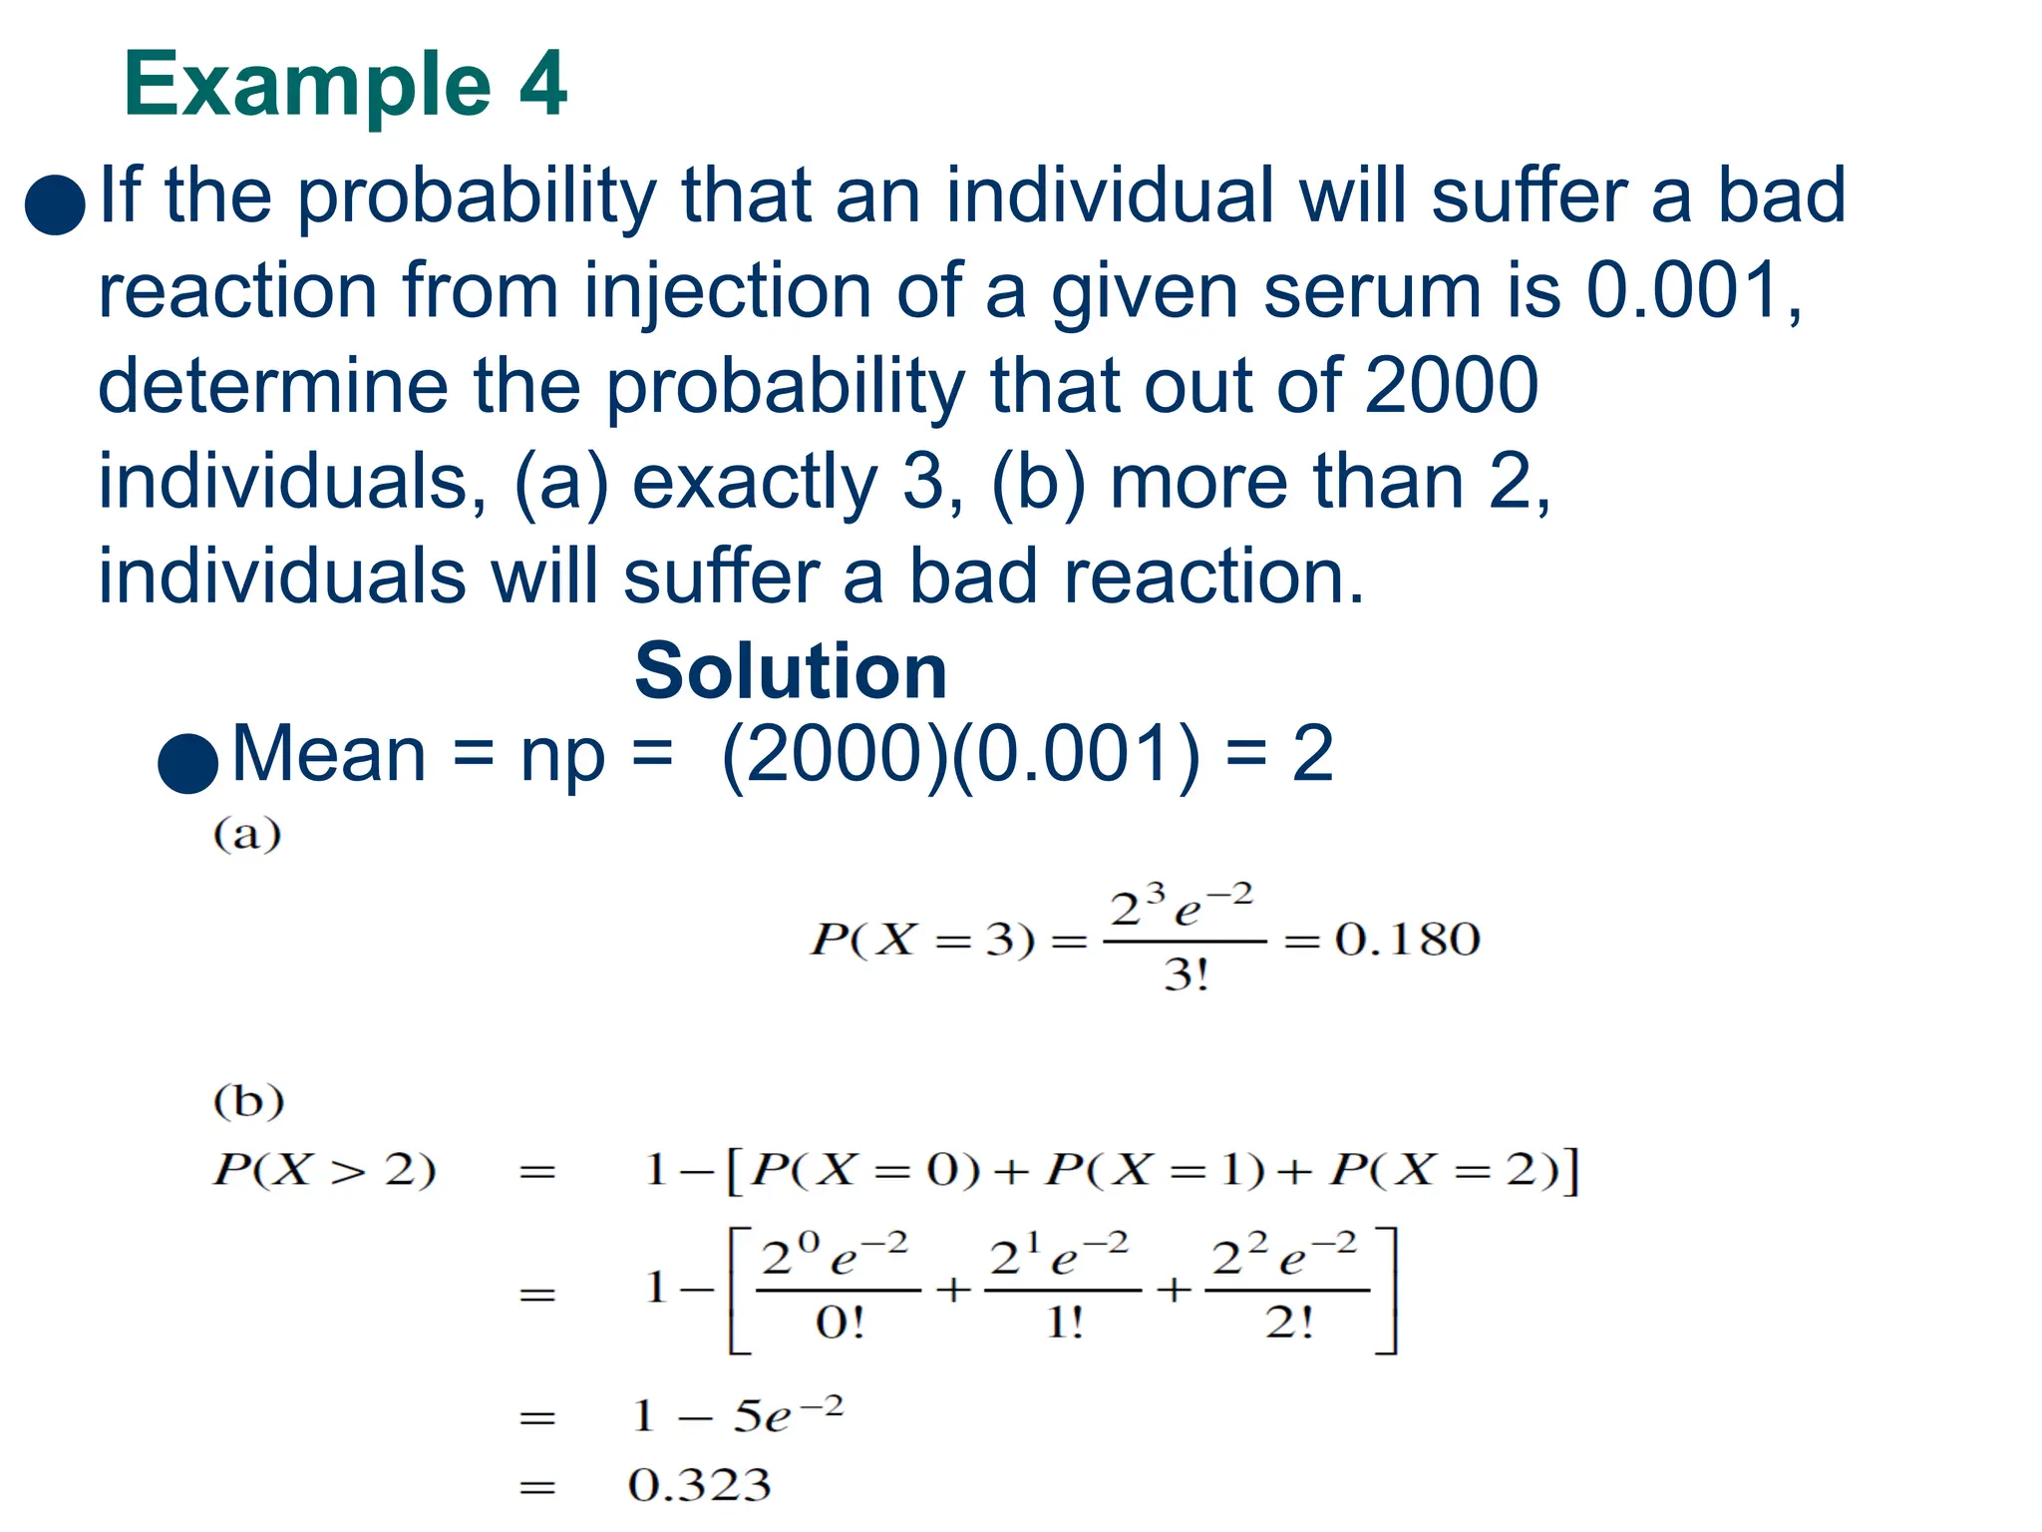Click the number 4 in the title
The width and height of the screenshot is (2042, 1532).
click(x=542, y=85)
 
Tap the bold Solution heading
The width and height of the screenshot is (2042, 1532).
click(x=791, y=671)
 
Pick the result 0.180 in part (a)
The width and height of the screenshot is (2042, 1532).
click(x=1407, y=940)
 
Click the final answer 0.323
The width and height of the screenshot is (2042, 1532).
click(x=700, y=1485)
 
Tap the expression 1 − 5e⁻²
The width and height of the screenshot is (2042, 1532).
click(x=738, y=1415)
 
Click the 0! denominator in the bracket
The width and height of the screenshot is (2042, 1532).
click(x=840, y=1324)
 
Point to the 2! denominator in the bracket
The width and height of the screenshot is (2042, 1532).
click(x=1288, y=1324)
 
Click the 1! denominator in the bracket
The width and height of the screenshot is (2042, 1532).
click(x=1064, y=1324)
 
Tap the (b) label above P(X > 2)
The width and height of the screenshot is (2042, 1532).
click(x=248, y=1101)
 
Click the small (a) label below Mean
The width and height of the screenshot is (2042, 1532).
click(x=247, y=834)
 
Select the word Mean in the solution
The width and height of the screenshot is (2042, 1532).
click(x=329, y=755)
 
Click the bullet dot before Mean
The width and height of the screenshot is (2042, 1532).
click(x=188, y=763)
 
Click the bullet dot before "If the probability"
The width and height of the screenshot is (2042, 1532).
click(x=55, y=204)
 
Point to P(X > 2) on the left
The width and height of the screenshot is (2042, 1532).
click(x=324, y=1169)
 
